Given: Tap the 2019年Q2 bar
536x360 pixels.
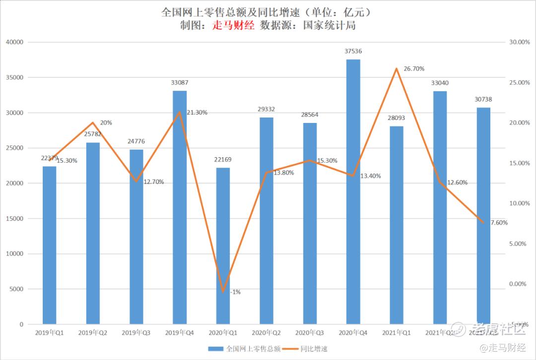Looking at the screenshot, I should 93,234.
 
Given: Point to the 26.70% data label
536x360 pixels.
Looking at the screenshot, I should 414,68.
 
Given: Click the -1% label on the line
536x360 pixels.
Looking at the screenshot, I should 235,292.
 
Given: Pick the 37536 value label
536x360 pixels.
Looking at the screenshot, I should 353,51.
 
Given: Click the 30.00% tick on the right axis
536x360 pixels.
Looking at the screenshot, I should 520,42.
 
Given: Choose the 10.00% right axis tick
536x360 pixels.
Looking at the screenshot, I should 520,203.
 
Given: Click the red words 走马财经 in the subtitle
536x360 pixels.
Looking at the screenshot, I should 233,26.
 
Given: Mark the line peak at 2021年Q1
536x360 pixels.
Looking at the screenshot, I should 396,68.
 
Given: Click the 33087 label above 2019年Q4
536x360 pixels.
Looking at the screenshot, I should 180,82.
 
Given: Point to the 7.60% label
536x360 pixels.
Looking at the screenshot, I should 499,223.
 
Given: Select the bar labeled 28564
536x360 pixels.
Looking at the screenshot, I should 310,224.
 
